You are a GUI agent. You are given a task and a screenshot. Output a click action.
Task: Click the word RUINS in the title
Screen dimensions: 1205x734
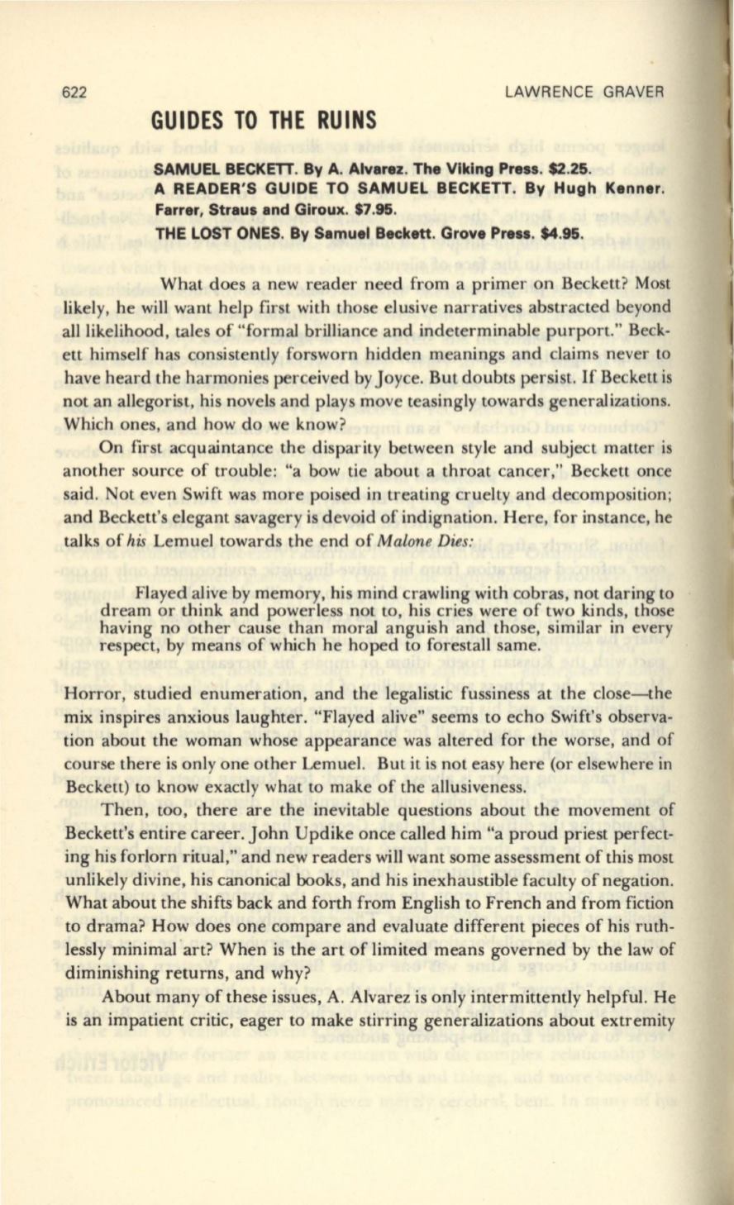(x=341, y=121)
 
